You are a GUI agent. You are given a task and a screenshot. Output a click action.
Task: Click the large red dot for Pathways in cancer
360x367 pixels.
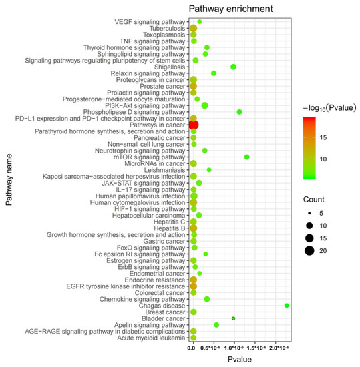(194, 125)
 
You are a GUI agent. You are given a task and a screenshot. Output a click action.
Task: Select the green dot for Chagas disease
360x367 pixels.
(287, 305)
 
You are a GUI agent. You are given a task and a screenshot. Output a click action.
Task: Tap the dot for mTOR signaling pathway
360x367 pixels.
(247, 157)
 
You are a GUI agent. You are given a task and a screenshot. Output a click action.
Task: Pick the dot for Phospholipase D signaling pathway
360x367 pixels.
(239, 112)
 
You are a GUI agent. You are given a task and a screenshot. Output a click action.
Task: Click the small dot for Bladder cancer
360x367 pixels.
(234, 318)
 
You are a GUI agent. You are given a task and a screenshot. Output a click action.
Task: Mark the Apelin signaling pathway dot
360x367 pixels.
(216, 324)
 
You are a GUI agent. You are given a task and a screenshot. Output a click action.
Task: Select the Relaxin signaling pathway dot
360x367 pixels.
(214, 73)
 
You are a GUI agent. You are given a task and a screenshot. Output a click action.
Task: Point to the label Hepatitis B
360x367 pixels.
(169, 228)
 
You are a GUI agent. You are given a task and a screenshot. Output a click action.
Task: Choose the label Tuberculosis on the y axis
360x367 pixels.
(167, 29)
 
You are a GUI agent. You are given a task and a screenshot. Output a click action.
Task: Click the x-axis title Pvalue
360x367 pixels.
(239, 360)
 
